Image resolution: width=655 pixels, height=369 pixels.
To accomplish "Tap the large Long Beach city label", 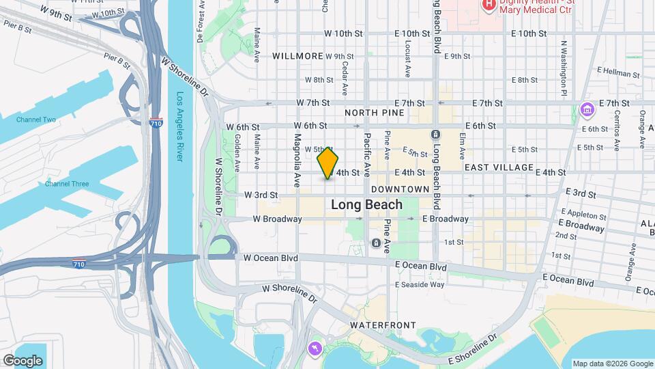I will tap(366, 204).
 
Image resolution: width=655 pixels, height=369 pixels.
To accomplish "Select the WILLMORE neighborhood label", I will tap(297, 55).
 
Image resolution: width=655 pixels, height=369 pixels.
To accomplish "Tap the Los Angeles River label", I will tap(180, 126).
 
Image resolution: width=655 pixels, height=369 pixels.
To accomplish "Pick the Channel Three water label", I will tap(67, 184).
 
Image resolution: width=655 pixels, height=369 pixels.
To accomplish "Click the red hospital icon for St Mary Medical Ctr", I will tap(489, 5).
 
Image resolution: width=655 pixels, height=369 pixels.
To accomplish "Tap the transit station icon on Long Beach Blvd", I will tap(435, 135).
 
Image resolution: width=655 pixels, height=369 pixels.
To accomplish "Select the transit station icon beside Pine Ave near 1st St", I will tap(375, 243).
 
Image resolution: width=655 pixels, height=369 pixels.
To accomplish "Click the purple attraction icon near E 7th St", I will tap(586, 109).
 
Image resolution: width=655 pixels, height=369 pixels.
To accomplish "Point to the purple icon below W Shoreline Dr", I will tap(314, 349).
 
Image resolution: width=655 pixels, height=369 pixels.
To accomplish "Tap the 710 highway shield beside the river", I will tap(156, 123).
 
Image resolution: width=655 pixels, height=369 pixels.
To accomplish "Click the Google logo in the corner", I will tap(23, 360).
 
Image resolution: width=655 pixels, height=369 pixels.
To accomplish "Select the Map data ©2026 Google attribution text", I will tap(612, 364).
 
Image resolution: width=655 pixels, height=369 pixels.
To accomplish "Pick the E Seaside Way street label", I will tap(420, 284).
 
